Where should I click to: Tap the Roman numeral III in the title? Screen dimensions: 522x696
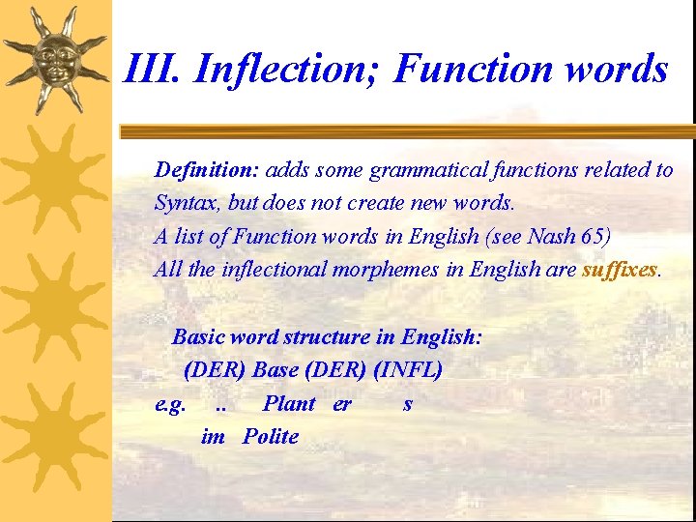coord(155,70)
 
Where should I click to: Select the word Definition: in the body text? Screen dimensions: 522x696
coord(206,170)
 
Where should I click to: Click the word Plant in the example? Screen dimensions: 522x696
coord(289,403)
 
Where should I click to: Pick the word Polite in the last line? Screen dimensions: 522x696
coord(271,436)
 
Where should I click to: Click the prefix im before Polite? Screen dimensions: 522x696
coord(213,436)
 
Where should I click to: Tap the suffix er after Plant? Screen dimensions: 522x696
coord(342,403)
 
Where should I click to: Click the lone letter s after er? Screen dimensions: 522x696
coord(407,403)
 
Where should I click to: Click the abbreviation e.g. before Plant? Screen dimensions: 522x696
coord(170,403)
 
